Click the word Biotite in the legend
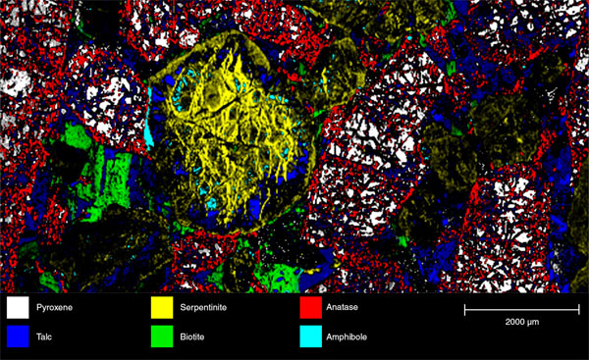197,335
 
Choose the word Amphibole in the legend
356,335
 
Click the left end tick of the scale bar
465,310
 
